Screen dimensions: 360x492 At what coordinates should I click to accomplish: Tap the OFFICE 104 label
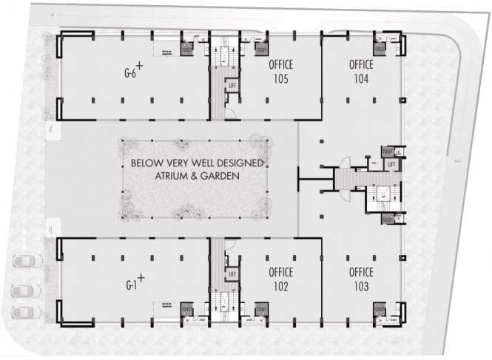[x=360, y=71]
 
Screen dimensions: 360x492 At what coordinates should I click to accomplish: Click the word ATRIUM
[x=171, y=177]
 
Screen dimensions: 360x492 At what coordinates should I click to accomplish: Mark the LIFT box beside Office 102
[x=232, y=274]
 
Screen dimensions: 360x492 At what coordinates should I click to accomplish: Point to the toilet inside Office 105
[x=261, y=47]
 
